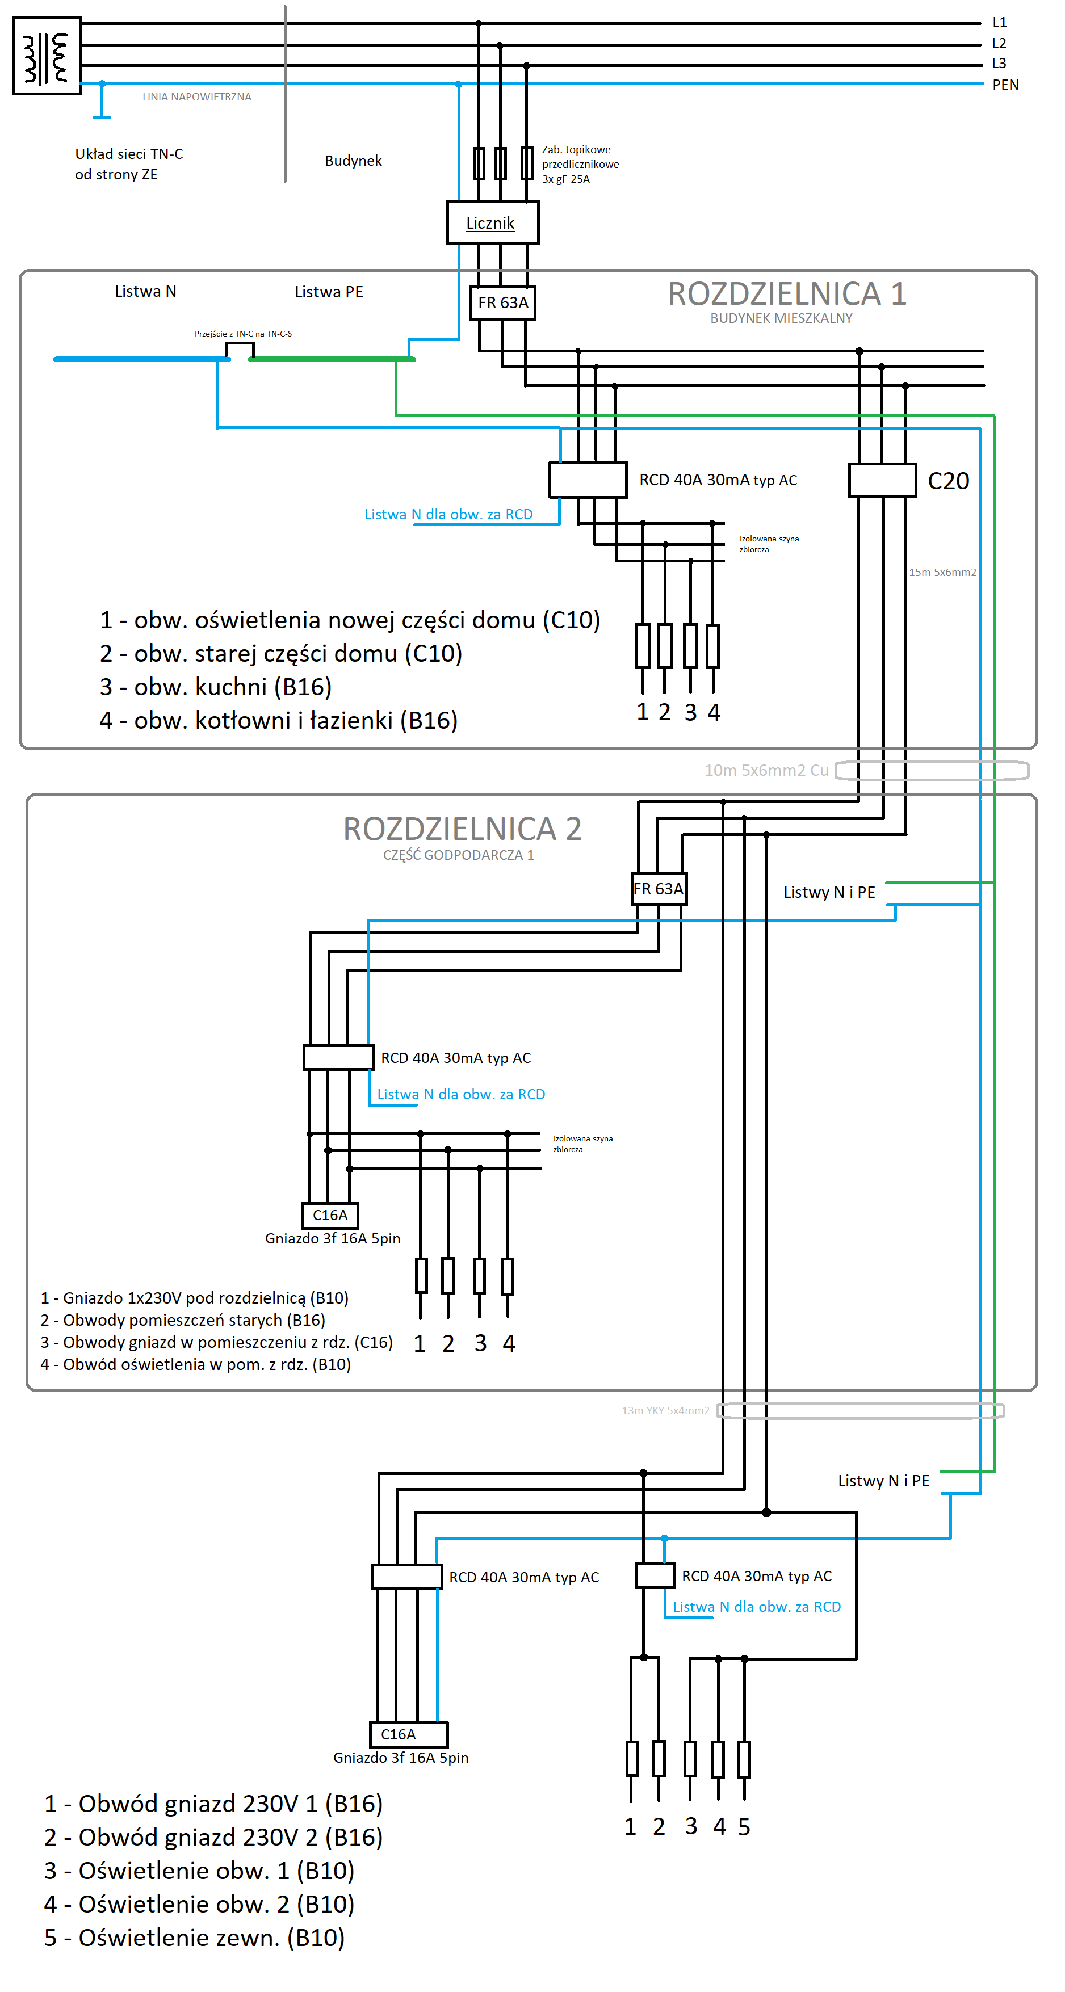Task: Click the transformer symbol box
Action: click(x=47, y=56)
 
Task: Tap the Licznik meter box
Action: click(x=492, y=222)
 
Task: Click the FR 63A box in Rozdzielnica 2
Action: click(x=658, y=889)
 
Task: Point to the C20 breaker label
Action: click(x=947, y=481)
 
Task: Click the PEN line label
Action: click(x=1005, y=85)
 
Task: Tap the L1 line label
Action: click(x=999, y=23)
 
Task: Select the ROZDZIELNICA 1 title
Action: click(x=787, y=294)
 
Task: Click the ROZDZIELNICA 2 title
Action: click(x=462, y=828)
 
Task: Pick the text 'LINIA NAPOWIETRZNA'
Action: click(x=196, y=96)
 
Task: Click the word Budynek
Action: click(x=353, y=161)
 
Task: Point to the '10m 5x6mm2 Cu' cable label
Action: click(x=766, y=770)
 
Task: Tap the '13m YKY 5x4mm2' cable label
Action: click(x=665, y=1410)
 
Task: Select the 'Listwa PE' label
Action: click(x=329, y=292)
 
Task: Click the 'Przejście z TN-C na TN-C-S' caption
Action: click(x=243, y=334)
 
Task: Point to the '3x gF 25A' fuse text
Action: click(x=565, y=179)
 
